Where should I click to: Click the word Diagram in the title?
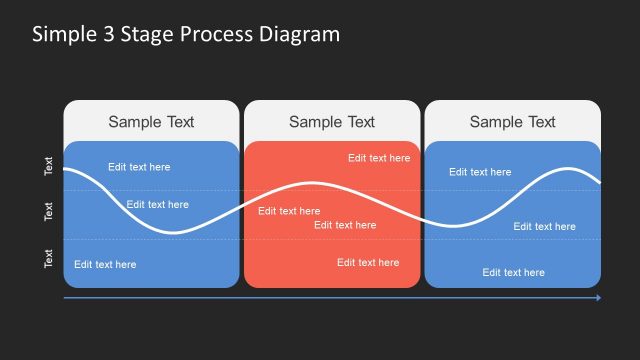(299, 35)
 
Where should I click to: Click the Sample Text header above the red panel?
(332, 122)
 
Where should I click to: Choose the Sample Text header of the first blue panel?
(151, 122)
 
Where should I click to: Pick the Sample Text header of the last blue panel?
(512, 122)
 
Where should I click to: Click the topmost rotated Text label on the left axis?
(49, 166)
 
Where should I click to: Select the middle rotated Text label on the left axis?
(49, 212)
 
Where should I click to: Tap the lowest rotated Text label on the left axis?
(49, 258)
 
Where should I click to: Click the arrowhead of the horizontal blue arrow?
(598, 298)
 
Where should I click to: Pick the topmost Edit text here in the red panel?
(379, 158)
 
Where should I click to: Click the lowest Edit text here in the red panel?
(368, 263)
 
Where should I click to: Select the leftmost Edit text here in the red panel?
(289, 211)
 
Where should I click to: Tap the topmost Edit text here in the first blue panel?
(139, 167)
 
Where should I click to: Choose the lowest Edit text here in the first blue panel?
(105, 265)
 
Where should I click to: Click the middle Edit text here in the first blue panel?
(157, 205)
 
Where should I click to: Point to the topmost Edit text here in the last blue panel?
(480, 172)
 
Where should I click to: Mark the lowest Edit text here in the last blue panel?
(514, 272)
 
